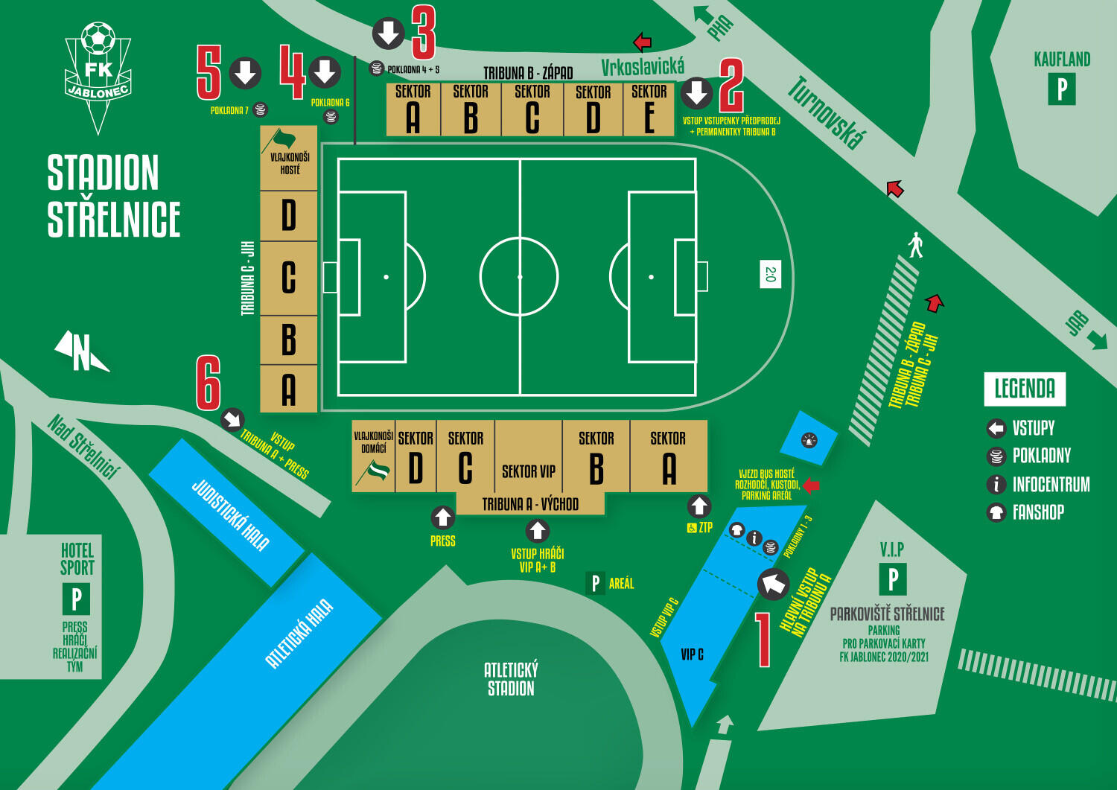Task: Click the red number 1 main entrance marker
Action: tap(763, 640)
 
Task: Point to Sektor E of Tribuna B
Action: tap(649, 109)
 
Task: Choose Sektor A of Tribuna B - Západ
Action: tap(413, 109)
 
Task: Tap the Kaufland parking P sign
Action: tap(1062, 90)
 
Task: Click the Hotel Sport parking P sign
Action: tap(76, 599)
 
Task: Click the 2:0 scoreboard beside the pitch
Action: tap(771, 274)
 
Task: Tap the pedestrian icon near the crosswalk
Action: tap(916, 245)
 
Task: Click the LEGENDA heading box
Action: tap(1025, 389)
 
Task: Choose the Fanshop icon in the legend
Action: tap(996, 512)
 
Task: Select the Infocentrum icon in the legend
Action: tap(996, 485)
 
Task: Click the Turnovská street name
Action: tap(827, 112)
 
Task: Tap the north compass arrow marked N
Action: tap(81, 351)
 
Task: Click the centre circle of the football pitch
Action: tap(519, 277)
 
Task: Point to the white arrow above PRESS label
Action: tap(443, 517)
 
